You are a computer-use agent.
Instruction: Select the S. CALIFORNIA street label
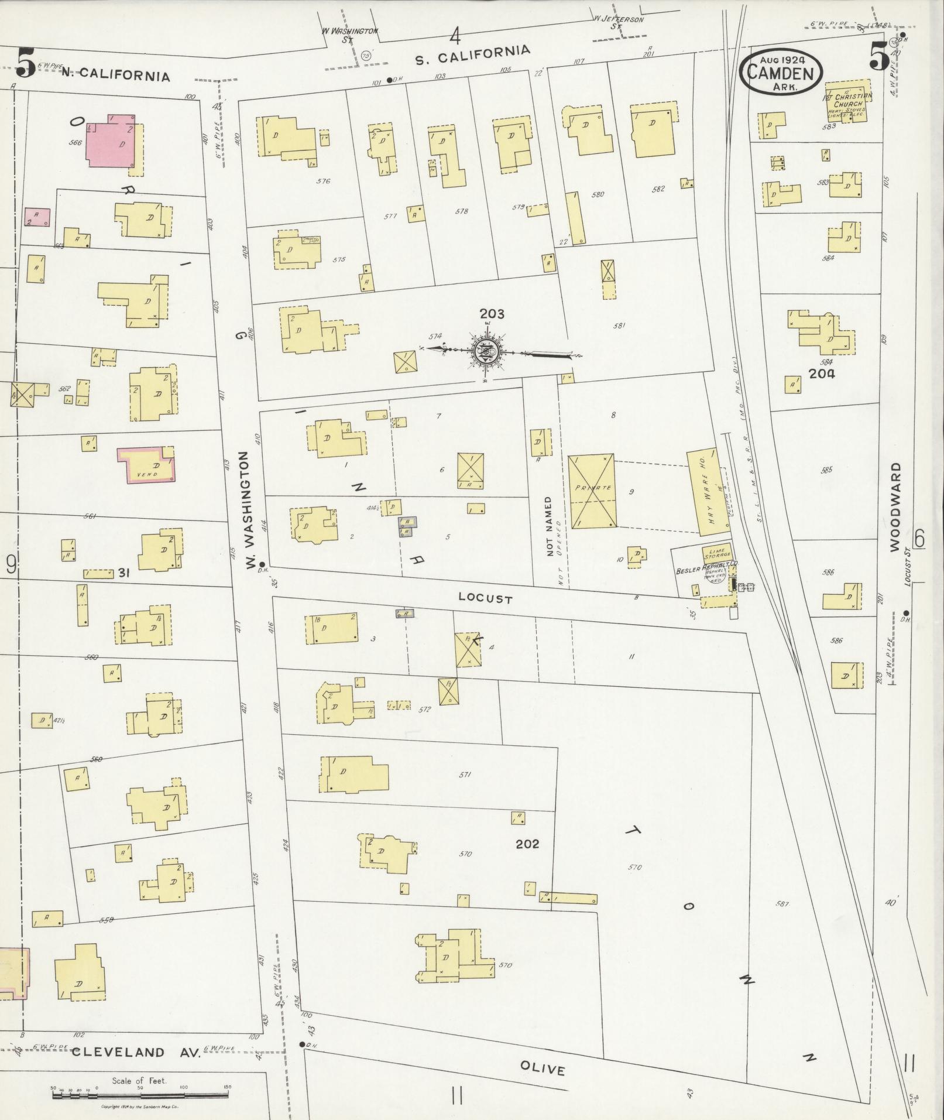(472, 55)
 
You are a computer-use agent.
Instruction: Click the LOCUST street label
(485, 598)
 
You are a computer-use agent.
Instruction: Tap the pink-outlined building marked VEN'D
(146, 465)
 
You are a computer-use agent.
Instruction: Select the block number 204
(821, 374)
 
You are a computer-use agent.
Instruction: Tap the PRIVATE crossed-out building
(592, 491)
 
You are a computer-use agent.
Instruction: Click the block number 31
(123, 573)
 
